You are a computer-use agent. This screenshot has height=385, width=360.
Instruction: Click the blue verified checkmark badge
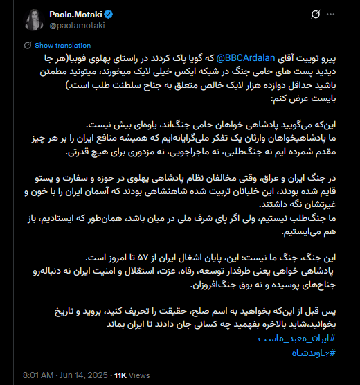[x=109, y=13]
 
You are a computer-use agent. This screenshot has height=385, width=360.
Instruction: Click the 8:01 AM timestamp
[x=33, y=375]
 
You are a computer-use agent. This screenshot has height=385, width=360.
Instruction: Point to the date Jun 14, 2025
[x=84, y=375]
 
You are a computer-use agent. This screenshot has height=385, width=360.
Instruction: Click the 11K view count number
[x=120, y=375]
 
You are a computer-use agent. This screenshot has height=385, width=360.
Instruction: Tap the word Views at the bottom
[x=139, y=375]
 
